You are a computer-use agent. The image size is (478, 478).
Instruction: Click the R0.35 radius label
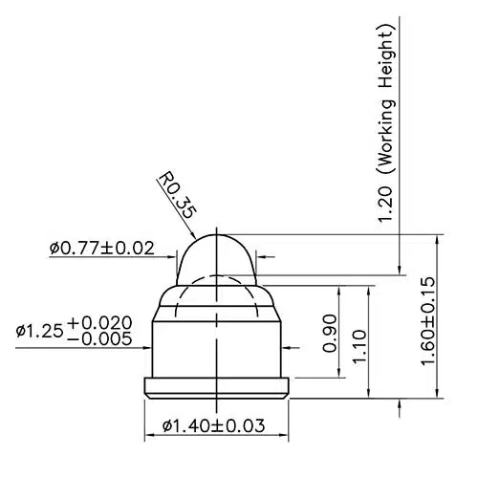pyautogui.click(x=177, y=195)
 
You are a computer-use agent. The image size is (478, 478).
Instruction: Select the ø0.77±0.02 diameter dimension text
pyautogui.click(x=102, y=249)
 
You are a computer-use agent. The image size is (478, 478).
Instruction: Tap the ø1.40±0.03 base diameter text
pyautogui.click(x=213, y=425)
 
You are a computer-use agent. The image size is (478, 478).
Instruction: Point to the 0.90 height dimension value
pyautogui.click(x=330, y=334)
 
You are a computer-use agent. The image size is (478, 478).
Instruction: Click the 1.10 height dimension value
pyautogui.click(x=359, y=346)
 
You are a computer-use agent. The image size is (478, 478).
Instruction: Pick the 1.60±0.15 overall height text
pyautogui.click(x=427, y=321)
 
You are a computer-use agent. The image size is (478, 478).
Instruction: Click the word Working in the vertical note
pyautogui.click(x=387, y=136)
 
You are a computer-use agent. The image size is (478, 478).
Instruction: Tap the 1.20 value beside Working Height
pyautogui.click(x=385, y=205)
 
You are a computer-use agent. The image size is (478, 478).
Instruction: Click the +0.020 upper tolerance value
pyautogui.click(x=99, y=323)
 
